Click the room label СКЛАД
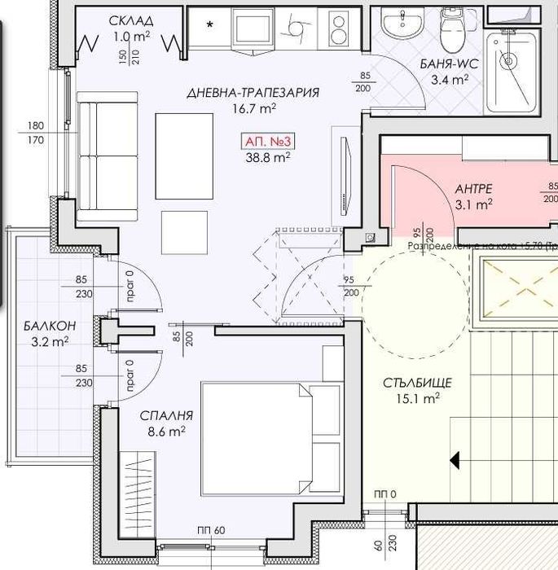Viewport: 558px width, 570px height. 132,20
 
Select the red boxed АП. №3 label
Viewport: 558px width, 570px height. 268,142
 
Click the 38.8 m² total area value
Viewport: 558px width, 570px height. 268,158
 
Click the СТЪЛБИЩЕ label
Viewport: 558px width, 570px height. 416,382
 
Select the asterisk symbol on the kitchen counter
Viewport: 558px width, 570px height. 210,25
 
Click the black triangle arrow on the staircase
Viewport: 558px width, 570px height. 455,461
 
